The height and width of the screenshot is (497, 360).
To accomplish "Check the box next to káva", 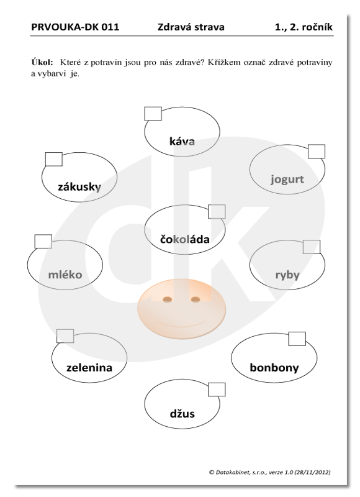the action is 153,114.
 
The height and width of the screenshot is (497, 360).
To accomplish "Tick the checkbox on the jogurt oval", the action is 317,151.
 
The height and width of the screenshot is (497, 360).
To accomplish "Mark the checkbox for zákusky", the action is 54,159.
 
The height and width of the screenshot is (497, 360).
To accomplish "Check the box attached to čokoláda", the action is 217,212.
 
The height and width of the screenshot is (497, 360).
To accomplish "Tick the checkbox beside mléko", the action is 43,242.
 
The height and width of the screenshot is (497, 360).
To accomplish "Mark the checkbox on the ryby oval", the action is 312,247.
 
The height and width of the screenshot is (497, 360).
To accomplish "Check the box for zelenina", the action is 65,336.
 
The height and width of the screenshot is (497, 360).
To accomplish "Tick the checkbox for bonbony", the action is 297,339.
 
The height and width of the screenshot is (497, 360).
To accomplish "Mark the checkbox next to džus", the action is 217,390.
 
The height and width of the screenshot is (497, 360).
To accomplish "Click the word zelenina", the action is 89,368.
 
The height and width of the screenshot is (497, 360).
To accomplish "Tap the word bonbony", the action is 274,368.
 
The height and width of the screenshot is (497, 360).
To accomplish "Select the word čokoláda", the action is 185,239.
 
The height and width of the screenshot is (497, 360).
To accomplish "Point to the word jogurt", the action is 287,180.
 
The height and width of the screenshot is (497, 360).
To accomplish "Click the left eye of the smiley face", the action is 167,299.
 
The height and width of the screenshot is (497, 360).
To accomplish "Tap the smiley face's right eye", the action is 196,299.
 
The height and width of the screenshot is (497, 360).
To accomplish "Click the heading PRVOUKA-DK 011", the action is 75,27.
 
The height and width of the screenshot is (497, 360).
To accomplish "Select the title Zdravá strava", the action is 191,27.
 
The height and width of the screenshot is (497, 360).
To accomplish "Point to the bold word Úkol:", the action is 42,62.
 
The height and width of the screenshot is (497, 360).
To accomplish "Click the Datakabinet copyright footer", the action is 270,472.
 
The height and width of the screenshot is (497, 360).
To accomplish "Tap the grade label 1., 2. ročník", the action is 304,27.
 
